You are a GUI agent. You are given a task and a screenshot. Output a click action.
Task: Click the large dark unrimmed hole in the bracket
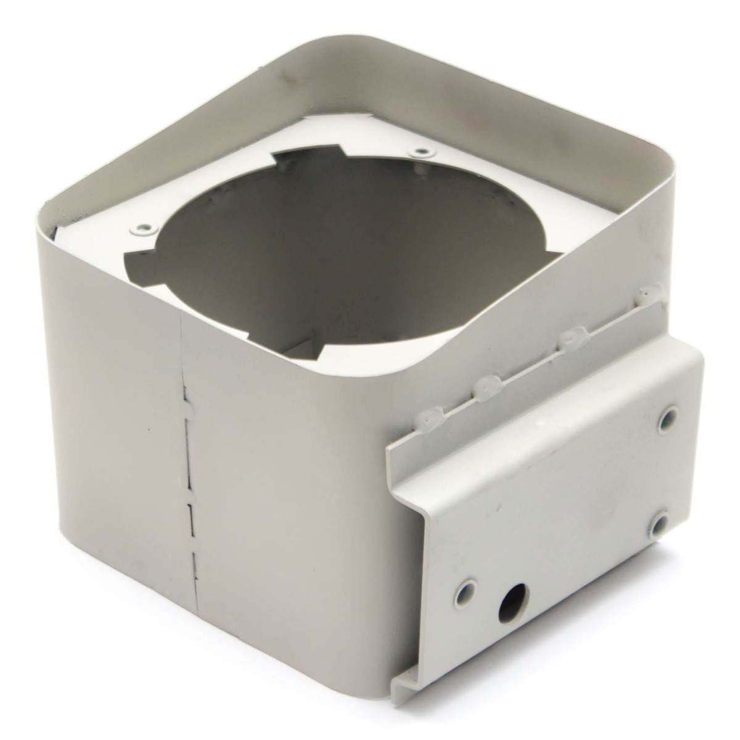click(x=513, y=602)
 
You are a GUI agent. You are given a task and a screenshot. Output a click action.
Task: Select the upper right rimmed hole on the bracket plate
click(x=667, y=419)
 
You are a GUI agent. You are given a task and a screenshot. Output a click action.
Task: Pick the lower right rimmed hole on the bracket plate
click(x=659, y=525)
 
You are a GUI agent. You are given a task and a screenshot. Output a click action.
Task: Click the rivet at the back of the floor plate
click(x=421, y=151)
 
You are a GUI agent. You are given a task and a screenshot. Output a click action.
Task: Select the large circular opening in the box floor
click(x=345, y=247)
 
